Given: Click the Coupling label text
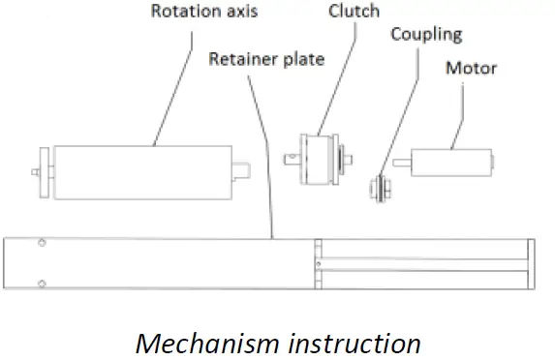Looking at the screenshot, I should [x=426, y=35].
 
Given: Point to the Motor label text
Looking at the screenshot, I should [x=471, y=68].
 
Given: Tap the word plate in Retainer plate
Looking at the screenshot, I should [x=302, y=59].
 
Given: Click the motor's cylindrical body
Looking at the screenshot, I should [x=449, y=162].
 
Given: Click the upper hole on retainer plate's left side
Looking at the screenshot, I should [x=41, y=243].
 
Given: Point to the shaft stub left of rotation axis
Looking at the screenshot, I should [x=36, y=173].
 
